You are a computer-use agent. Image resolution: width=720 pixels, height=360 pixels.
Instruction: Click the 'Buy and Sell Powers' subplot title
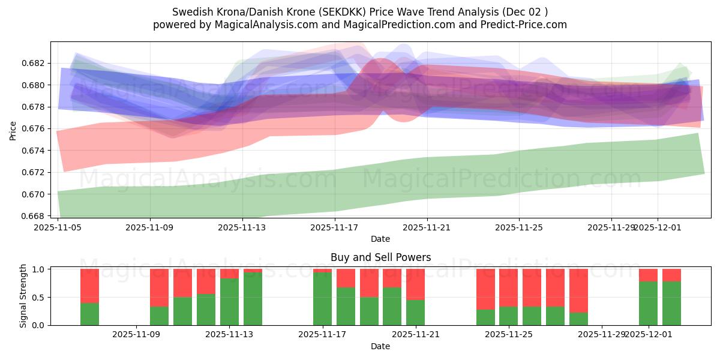pyautogui.click(x=380, y=257)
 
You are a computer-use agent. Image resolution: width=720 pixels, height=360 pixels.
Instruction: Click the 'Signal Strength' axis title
pyautogui.click(x=24, y=296)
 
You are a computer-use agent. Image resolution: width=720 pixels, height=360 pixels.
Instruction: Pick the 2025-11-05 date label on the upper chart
pyautogui.click(x=58, y=227)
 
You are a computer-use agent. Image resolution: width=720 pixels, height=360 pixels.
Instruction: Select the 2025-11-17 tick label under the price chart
pyautogui.click(x=335, y=227)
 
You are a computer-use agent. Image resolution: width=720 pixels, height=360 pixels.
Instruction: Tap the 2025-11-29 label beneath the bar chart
pyautogui.click(x=601, y=335)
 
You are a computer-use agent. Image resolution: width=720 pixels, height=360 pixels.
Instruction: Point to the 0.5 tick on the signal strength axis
pyautogui.click(x=38, y=298)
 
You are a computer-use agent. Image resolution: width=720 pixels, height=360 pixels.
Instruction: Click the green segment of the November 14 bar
pyautogui.click(x=253, y=299)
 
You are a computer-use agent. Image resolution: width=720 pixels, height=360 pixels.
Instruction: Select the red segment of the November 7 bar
pyautogui.click(x=89, y=286)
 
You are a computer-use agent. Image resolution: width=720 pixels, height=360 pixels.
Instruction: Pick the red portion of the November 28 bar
pyautogui.click(x=578, y=290)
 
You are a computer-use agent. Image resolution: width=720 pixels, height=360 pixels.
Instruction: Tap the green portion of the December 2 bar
pyautogui.click(x=671, y=303)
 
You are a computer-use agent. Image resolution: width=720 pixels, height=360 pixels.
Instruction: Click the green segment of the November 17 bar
pyautogui.click(x=322, y=299)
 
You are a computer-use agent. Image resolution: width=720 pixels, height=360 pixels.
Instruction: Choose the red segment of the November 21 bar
pyautogui.click(x=415, y=284)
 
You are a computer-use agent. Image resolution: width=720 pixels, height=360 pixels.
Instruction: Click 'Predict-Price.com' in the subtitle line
pyautogui.click(x=524, y=25)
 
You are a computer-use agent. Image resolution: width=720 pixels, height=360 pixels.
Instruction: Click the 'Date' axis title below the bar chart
pyautogui.click(x=380, y=346)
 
